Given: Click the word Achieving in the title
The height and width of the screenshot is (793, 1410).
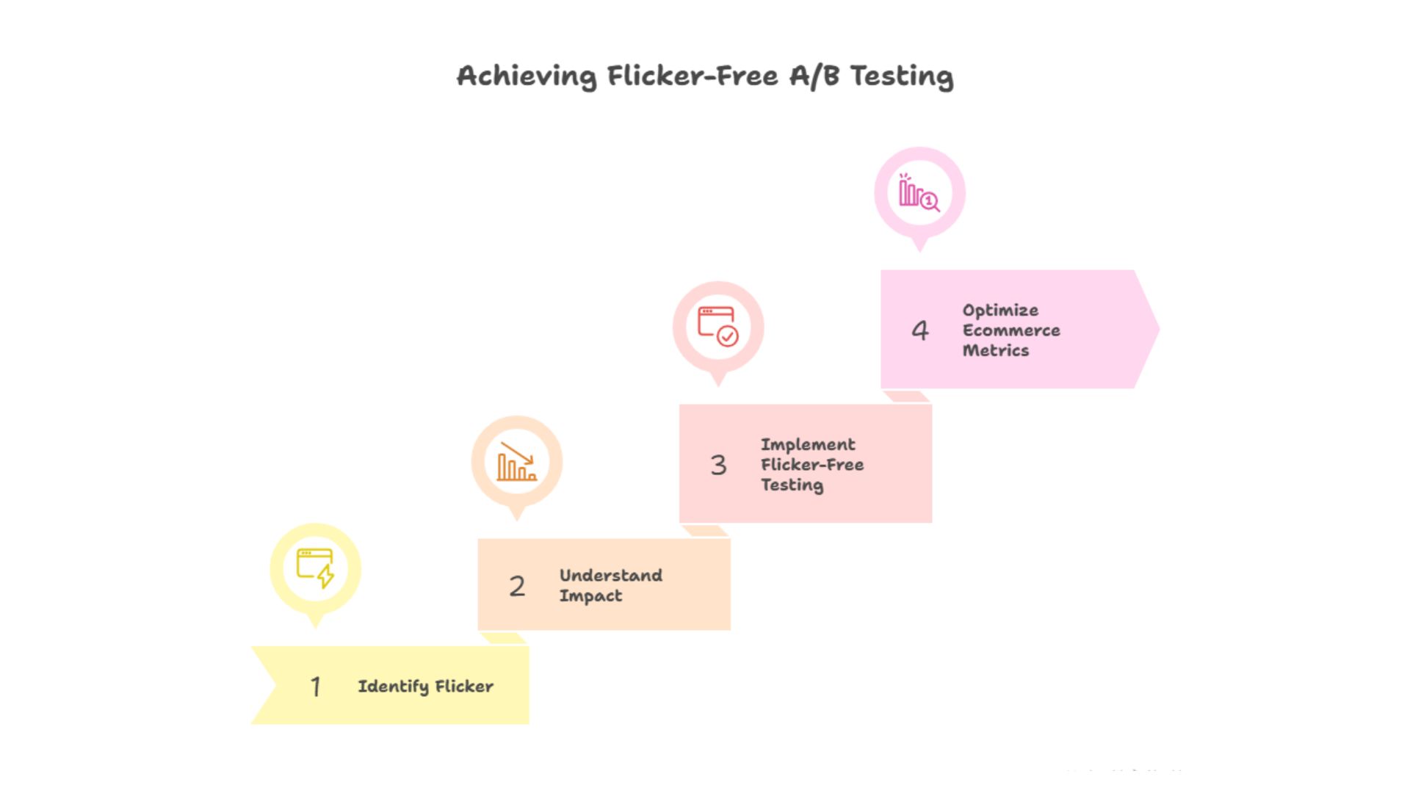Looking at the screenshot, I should tap(527, 76).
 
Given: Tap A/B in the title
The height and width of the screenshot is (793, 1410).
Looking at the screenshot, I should tap(814, 76).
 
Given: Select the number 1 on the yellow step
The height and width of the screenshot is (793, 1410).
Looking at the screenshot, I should tap(315, 687).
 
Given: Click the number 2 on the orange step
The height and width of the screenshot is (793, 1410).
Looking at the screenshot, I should tap(517, 586).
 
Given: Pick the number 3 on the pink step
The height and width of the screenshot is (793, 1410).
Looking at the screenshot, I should tap(718, 465).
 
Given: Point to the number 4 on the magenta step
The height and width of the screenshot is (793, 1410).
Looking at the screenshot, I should tap(920, 330).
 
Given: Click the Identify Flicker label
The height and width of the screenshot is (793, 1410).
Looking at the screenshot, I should tap(425, 687).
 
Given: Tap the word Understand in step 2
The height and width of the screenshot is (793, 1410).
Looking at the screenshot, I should tap(610, 576).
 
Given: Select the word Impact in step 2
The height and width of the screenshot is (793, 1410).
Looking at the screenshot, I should tap(590, 595).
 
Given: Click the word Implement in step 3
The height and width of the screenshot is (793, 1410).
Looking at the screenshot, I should tap(808, 445).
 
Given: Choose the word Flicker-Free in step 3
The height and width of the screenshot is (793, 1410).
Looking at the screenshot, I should tap(812, 465).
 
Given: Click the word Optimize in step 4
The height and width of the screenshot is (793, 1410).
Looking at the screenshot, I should tap(1000, 311).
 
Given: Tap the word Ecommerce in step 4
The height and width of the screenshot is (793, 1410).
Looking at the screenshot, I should tap(1011, 330).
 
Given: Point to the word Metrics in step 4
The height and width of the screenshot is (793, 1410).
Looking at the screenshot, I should tap(996, 350).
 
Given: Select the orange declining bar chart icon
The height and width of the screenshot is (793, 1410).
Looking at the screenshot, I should tap(517, 462).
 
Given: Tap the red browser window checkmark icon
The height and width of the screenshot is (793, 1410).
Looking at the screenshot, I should tap(718, 327).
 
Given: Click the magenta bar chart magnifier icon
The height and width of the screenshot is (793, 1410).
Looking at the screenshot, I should tap(919, 192).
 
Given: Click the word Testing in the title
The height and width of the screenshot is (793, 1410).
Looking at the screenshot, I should tap(901, 76).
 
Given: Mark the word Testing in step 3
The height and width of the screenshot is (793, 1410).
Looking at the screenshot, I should tap(792, 485).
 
